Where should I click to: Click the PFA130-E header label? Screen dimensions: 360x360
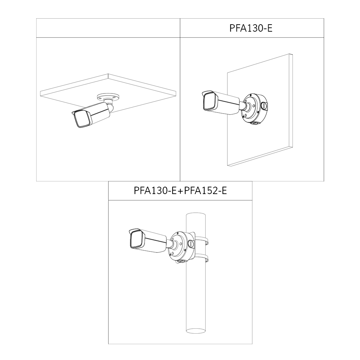tap(251, 28)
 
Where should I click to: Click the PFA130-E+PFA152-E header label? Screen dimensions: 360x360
tap(180, 191)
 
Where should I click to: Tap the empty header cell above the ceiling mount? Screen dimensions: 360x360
tap(108, 28)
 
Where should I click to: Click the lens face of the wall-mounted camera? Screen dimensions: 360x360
tap(208, 102)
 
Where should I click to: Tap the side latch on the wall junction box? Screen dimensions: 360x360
tap(264, 105)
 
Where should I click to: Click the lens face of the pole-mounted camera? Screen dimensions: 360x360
tap(135, 240)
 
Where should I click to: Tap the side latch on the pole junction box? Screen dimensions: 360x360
tap(191, 243)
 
